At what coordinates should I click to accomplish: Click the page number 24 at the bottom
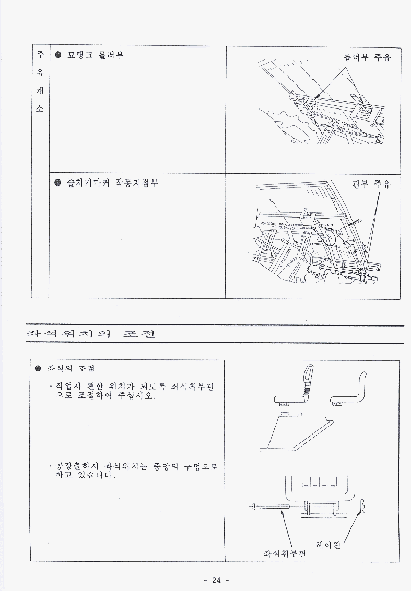point(216,580)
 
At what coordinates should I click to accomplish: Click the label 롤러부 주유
point(367,57)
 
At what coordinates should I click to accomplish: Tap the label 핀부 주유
point(371,184)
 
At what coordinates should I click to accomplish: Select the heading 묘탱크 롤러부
point(95,55)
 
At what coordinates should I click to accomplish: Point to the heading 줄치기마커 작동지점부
point(112,183)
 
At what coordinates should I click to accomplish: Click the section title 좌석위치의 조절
point(90,333)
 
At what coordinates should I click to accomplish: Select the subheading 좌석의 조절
point(71,368)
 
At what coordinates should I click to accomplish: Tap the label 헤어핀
point(328,545)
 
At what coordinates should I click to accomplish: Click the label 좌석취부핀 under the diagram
point(285,553)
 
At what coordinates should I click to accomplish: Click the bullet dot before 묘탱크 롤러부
point(58,55)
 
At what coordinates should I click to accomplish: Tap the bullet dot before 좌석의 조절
point(38,368)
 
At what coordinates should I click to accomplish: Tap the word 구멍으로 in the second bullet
point(201,466)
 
